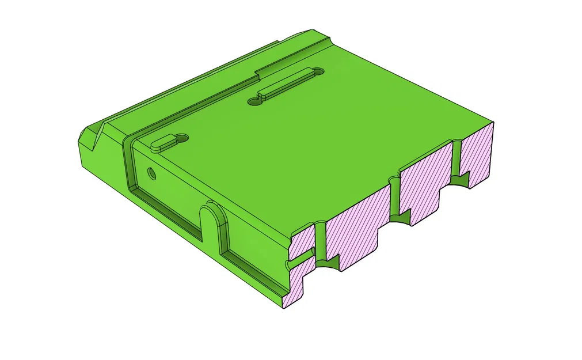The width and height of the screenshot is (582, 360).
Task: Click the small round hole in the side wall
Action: [x=151, y=172]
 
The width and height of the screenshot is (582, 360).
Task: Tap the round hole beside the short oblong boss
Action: [x=182, y=138]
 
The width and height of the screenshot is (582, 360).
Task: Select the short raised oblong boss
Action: [x=162, y=142]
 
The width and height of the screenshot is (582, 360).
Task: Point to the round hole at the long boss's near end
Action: [x=253, y=102]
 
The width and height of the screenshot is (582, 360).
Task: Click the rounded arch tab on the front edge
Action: [x=212, y=222]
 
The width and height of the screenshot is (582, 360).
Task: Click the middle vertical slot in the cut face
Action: [x=395, y=196]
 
